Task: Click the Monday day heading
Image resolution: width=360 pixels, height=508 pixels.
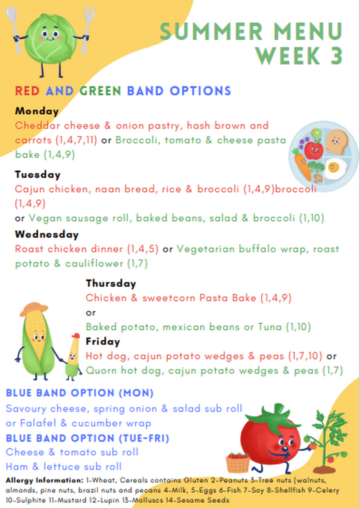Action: (x=37, y=111)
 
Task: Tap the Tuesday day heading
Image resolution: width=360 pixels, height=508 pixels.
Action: (x=38, y=175)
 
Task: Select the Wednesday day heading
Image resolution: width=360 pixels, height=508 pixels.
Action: (x=47, y=234)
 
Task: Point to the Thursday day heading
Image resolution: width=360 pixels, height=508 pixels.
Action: (x=111, y=284)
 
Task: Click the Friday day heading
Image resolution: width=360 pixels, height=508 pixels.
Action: (x=103, y=342)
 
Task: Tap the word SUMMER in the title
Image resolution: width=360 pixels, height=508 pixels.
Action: (x=212, y=31)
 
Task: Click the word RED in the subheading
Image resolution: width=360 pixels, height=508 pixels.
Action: (x=27, y=91)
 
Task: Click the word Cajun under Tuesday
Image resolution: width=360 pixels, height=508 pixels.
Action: (x=30, y=189)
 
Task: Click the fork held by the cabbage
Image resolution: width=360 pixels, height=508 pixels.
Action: (x=86, y=29)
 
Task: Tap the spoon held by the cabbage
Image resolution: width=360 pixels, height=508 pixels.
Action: (x=14, y=30)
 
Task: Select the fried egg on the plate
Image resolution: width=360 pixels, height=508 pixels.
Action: (x=336, y=168)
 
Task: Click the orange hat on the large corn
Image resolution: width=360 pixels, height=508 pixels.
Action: (x=34, y=309)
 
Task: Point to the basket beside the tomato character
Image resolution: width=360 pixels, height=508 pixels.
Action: (x=238, y=463)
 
